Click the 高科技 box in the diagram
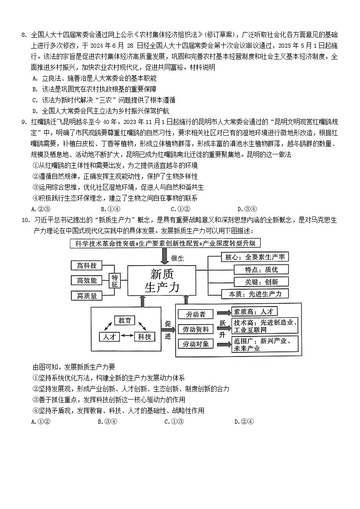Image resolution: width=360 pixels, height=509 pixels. pyautogui.click(x=87, y=266)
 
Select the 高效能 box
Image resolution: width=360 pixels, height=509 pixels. pyautogui.click(x=87, y=280)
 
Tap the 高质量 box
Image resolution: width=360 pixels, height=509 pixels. pyautogui.click(x=87, y=296)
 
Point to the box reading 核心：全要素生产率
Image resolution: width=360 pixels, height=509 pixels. pyautogui.click(x=254, y=257)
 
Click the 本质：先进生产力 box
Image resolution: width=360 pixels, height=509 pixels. pyautogui.click(x=254, y=294)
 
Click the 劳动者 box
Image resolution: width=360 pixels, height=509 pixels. pyautogui.click(x=196, y=314)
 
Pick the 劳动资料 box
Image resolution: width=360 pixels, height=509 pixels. pyautogui.click(x=196, y=329)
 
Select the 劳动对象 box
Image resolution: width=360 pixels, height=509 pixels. pyautogui.click(x=196, y=344)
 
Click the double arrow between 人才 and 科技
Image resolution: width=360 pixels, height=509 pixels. pyautogui.click(x=127, y=336)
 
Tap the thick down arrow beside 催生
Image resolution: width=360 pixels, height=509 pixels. pyautogui.click(x=164, y=257)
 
